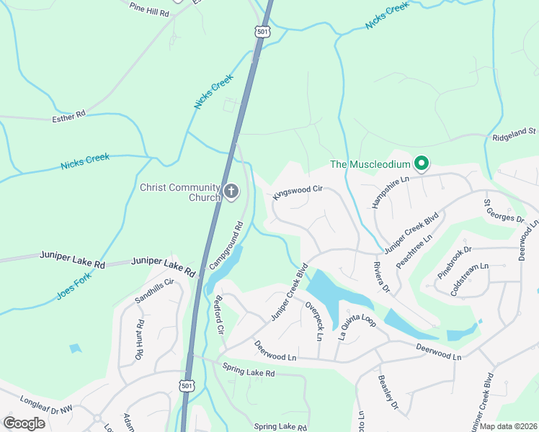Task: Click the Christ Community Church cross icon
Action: click(231, 191)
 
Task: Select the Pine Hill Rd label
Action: click(148, 11)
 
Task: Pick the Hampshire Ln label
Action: click(386, 189)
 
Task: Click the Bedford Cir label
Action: click(220, 315)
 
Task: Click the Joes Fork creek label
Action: click(75, 285)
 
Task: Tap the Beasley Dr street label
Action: click(388, 392)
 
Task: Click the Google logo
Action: click(24, 423)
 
